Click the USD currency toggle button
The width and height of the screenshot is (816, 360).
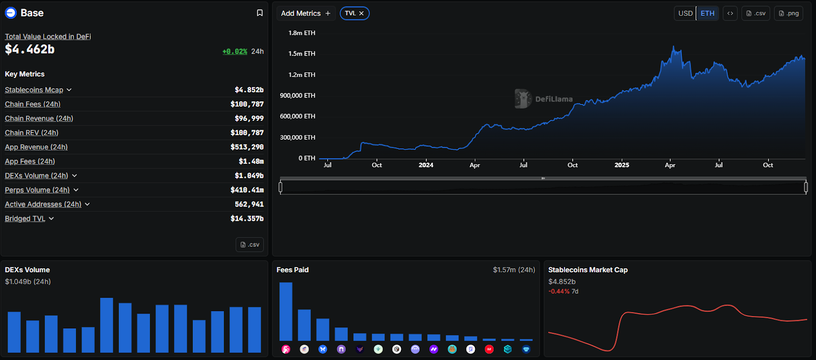click(685, 13)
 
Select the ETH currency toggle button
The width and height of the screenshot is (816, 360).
click(707, 13)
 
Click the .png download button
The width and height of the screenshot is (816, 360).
click(788, 13)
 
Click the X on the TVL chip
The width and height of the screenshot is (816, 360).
click(362, 13)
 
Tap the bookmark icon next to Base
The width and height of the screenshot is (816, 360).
click(260, 13)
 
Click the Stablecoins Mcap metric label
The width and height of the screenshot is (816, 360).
click(34, 90)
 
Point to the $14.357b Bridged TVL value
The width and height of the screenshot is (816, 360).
click(247, 218)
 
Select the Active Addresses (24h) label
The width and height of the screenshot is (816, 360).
click(43, 204)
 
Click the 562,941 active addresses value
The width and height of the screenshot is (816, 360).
click(249, 204)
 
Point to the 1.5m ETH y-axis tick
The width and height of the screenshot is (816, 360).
click(302, 54)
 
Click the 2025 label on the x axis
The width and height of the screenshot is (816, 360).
click(622, 165)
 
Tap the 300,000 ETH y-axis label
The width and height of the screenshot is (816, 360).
click(297, 137)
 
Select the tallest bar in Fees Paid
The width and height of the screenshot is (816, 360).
click(286, 311)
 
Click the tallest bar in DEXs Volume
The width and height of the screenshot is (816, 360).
click(107, 325)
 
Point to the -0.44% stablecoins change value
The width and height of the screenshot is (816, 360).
click(559, 291)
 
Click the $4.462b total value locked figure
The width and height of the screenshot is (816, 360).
click(30, 49)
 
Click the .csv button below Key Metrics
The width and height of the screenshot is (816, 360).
click(250, 245)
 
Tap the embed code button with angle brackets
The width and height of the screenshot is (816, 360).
click(730, 13)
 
